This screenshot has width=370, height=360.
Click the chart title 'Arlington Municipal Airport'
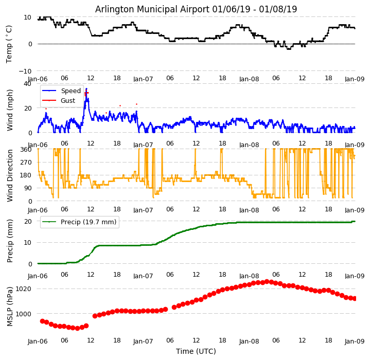point(196,9)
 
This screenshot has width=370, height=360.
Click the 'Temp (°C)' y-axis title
point(9,44)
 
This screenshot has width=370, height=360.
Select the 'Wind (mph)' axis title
point(10,110)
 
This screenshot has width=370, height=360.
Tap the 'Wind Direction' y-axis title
point(10,175)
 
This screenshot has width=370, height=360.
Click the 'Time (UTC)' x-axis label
point(196,351)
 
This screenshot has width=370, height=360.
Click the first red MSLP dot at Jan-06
point(42,321)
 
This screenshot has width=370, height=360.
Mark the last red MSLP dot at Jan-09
point(355,298)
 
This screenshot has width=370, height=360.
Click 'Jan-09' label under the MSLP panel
point(355,341)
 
